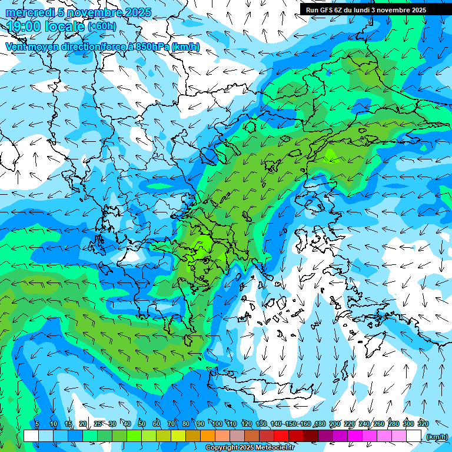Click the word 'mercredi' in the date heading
pos(30,12)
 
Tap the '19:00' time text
pos(23,26)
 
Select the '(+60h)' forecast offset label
pos(101,26)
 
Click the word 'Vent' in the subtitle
pos(17,46)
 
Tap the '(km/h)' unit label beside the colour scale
pos(437,436)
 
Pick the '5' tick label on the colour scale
pos(36,424)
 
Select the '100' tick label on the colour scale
pos(217,424)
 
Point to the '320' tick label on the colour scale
pos(423,424)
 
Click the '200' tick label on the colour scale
pos(335,424)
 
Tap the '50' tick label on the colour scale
pos(142,424)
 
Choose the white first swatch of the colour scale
pos(31,436)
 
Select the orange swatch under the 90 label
pos(208,436)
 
